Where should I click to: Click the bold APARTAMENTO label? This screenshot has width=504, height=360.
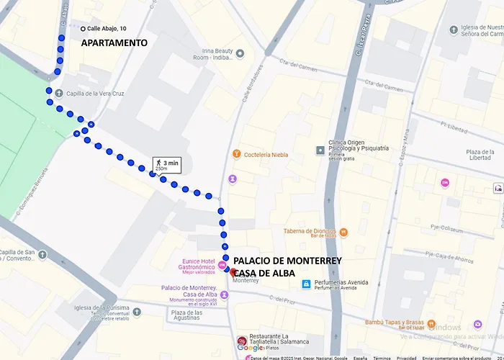click(x=114, y=43)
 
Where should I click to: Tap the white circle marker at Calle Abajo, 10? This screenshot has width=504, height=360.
click(x=83, y=29)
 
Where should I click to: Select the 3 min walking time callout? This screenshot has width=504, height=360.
click(x=166, y=165)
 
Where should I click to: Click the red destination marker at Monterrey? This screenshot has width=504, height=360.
click(x=232, y=271)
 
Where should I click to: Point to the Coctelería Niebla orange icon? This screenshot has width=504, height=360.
click(x=235, y=154)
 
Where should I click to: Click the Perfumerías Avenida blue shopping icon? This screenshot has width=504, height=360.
click(x=307, y=284)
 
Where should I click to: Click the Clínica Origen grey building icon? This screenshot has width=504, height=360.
click(x=320, y=150)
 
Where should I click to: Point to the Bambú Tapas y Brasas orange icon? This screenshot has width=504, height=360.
click(x=431, y=323)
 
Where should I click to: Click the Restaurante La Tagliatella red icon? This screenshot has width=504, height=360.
click(x=241, y=341)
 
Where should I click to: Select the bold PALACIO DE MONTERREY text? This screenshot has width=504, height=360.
click(x=287, y=261)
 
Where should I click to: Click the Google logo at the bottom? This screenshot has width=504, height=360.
click(x=250, y=348)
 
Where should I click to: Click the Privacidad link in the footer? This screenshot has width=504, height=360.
click(x=406, y=357)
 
